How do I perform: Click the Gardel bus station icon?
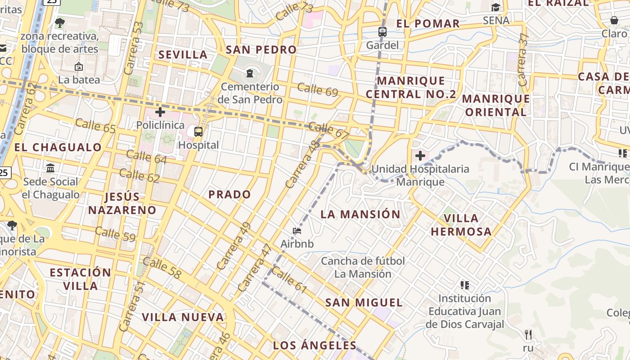click(382, 32)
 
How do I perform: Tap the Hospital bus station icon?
click(198, 132)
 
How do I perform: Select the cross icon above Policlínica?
click(160, 112)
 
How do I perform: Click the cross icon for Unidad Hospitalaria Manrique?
click(420, 156)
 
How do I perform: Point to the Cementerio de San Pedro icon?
click(250, 73)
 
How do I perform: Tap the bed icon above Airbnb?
click(297, 231)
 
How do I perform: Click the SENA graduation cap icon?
click(495, 7)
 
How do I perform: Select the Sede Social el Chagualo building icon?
click(50, 168)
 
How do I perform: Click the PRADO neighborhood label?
click(229, 194)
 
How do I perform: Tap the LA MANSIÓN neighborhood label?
click(360, 214)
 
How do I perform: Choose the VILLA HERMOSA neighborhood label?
click(461, 225)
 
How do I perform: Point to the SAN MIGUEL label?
click(364, 302)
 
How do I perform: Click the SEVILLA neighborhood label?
click(183, 55)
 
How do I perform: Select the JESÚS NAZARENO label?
click(122, 203)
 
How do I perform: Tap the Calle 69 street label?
click(318, 90)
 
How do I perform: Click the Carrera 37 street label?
click(522, 59)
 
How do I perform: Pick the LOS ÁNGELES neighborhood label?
click(315, 346)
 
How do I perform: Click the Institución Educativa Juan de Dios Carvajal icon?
click(465, 285)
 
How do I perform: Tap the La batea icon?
click(79, 67)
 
